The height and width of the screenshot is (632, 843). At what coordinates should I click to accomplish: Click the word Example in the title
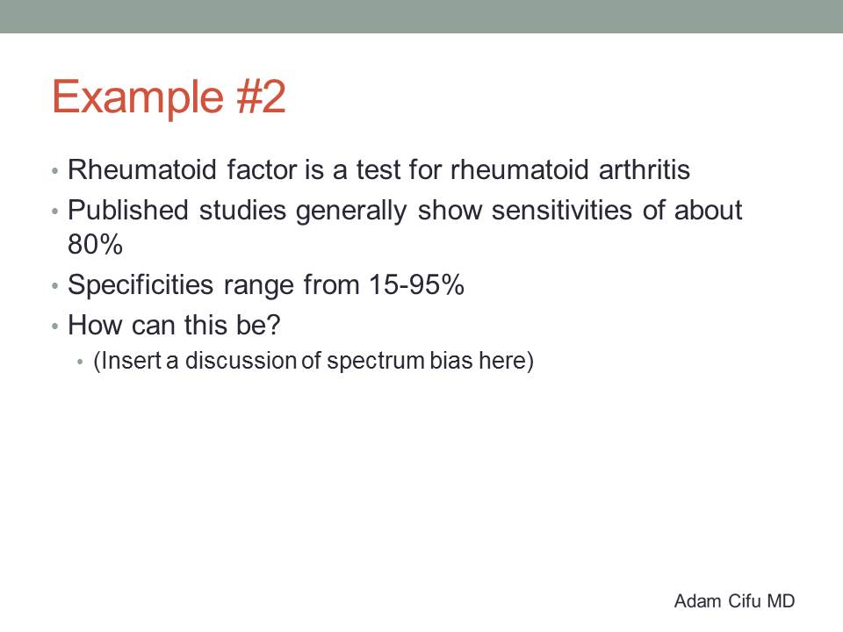(x=138, y=97)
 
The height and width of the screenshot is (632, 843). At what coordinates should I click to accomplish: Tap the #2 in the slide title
(x=262, y=97)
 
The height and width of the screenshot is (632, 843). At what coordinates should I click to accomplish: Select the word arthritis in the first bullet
(x=644, y=169)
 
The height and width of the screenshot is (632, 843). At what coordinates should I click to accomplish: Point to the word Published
(x=128, y=210)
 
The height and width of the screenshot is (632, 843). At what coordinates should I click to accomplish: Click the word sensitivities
(x=562, y=210)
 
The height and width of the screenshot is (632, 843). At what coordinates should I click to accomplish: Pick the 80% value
(x=95, y=244)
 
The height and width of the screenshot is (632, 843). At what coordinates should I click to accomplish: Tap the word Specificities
(x=140, y=284)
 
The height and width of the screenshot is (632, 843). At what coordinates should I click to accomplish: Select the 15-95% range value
(x=416, y=284)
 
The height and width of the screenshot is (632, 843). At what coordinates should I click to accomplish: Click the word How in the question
(x=95, y=325)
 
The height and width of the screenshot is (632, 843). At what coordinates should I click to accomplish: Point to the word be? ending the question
(x=257, y=325)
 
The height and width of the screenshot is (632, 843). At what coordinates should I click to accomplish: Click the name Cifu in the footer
(x=744, y=600)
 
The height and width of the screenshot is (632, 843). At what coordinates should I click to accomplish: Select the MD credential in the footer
(x=781, y=600)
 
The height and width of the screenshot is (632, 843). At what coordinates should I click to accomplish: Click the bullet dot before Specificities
(x=54, y=286)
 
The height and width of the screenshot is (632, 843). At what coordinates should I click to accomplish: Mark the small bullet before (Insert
(x=80, y=362)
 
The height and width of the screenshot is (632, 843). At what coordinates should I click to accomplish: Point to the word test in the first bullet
(x=379, y=169)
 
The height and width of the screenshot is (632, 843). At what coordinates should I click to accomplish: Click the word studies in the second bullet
(x=242, y=210)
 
